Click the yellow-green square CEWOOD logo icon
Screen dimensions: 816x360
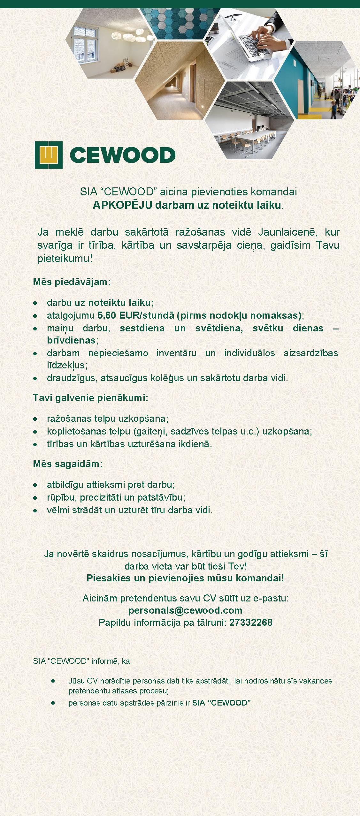pos(48,155)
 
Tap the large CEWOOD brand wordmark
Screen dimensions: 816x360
pos(122,155)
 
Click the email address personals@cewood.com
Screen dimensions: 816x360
pos(185,610)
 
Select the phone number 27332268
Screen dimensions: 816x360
pos(251,622)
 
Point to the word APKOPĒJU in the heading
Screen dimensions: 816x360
pos(122,205)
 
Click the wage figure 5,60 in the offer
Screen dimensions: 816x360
pos(106,315)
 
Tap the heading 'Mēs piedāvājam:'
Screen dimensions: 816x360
pos(72,282)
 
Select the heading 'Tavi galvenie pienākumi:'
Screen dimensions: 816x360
pos(90,398)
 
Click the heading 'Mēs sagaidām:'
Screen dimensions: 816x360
pos(68,464)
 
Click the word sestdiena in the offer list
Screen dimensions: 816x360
pos(142,328)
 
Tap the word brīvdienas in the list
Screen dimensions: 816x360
pos(71,340)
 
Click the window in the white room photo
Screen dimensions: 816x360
pos(85,45)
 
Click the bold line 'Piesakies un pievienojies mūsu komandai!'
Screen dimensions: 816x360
pos(185,578)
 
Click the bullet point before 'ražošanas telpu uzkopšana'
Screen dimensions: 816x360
pos(35,419)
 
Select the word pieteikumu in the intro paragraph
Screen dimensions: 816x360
pos(64,259)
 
